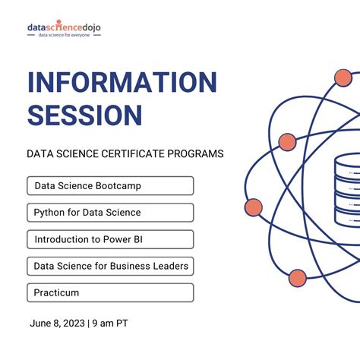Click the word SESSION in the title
pos(84,115)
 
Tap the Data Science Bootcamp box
pos(110,185)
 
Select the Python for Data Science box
pos(110,213)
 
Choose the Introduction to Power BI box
pos(110,239)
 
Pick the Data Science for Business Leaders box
pos(110,266)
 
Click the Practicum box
pos(110,292)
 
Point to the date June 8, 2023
pos(58,324)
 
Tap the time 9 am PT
pos(110,324)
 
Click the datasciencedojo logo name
pos(64,28)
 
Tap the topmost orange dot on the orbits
pos(343,77)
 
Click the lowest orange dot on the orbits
pos(298,277)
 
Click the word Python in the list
pos(51,213)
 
